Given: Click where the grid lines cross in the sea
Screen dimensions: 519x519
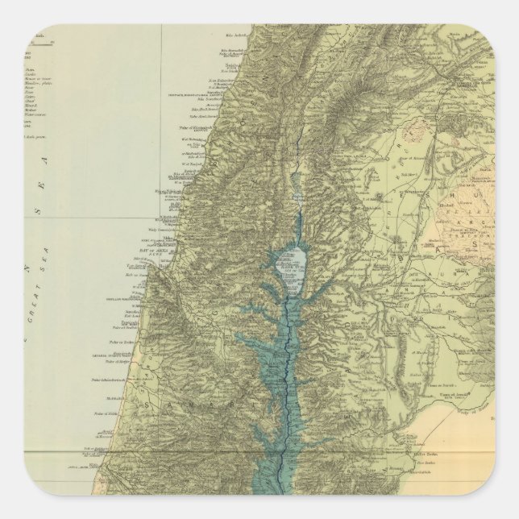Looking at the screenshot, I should (x=162, y=218).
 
